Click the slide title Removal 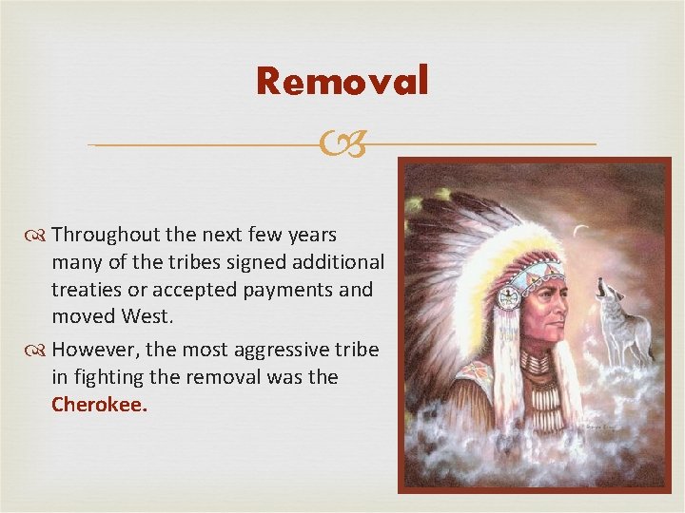[x=342, y=82]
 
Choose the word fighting [x=111, y=377]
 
